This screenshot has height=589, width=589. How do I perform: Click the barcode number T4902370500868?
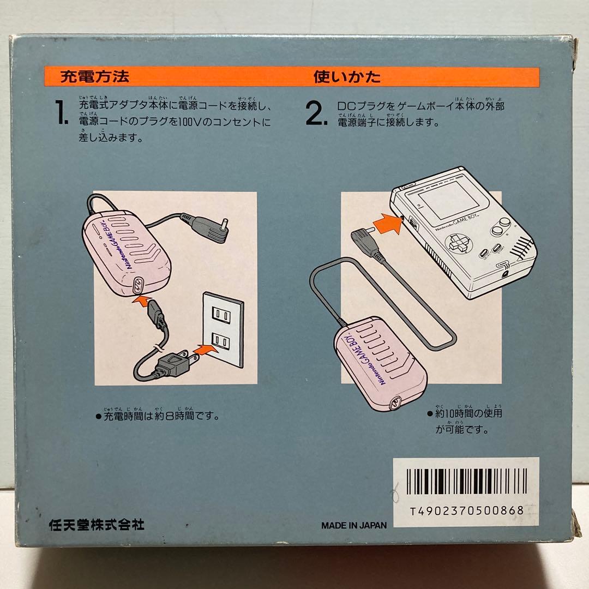466,511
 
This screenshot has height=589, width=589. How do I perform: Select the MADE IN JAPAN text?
353,526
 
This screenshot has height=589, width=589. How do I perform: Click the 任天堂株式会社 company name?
96,525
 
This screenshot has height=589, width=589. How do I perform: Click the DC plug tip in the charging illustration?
224,223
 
